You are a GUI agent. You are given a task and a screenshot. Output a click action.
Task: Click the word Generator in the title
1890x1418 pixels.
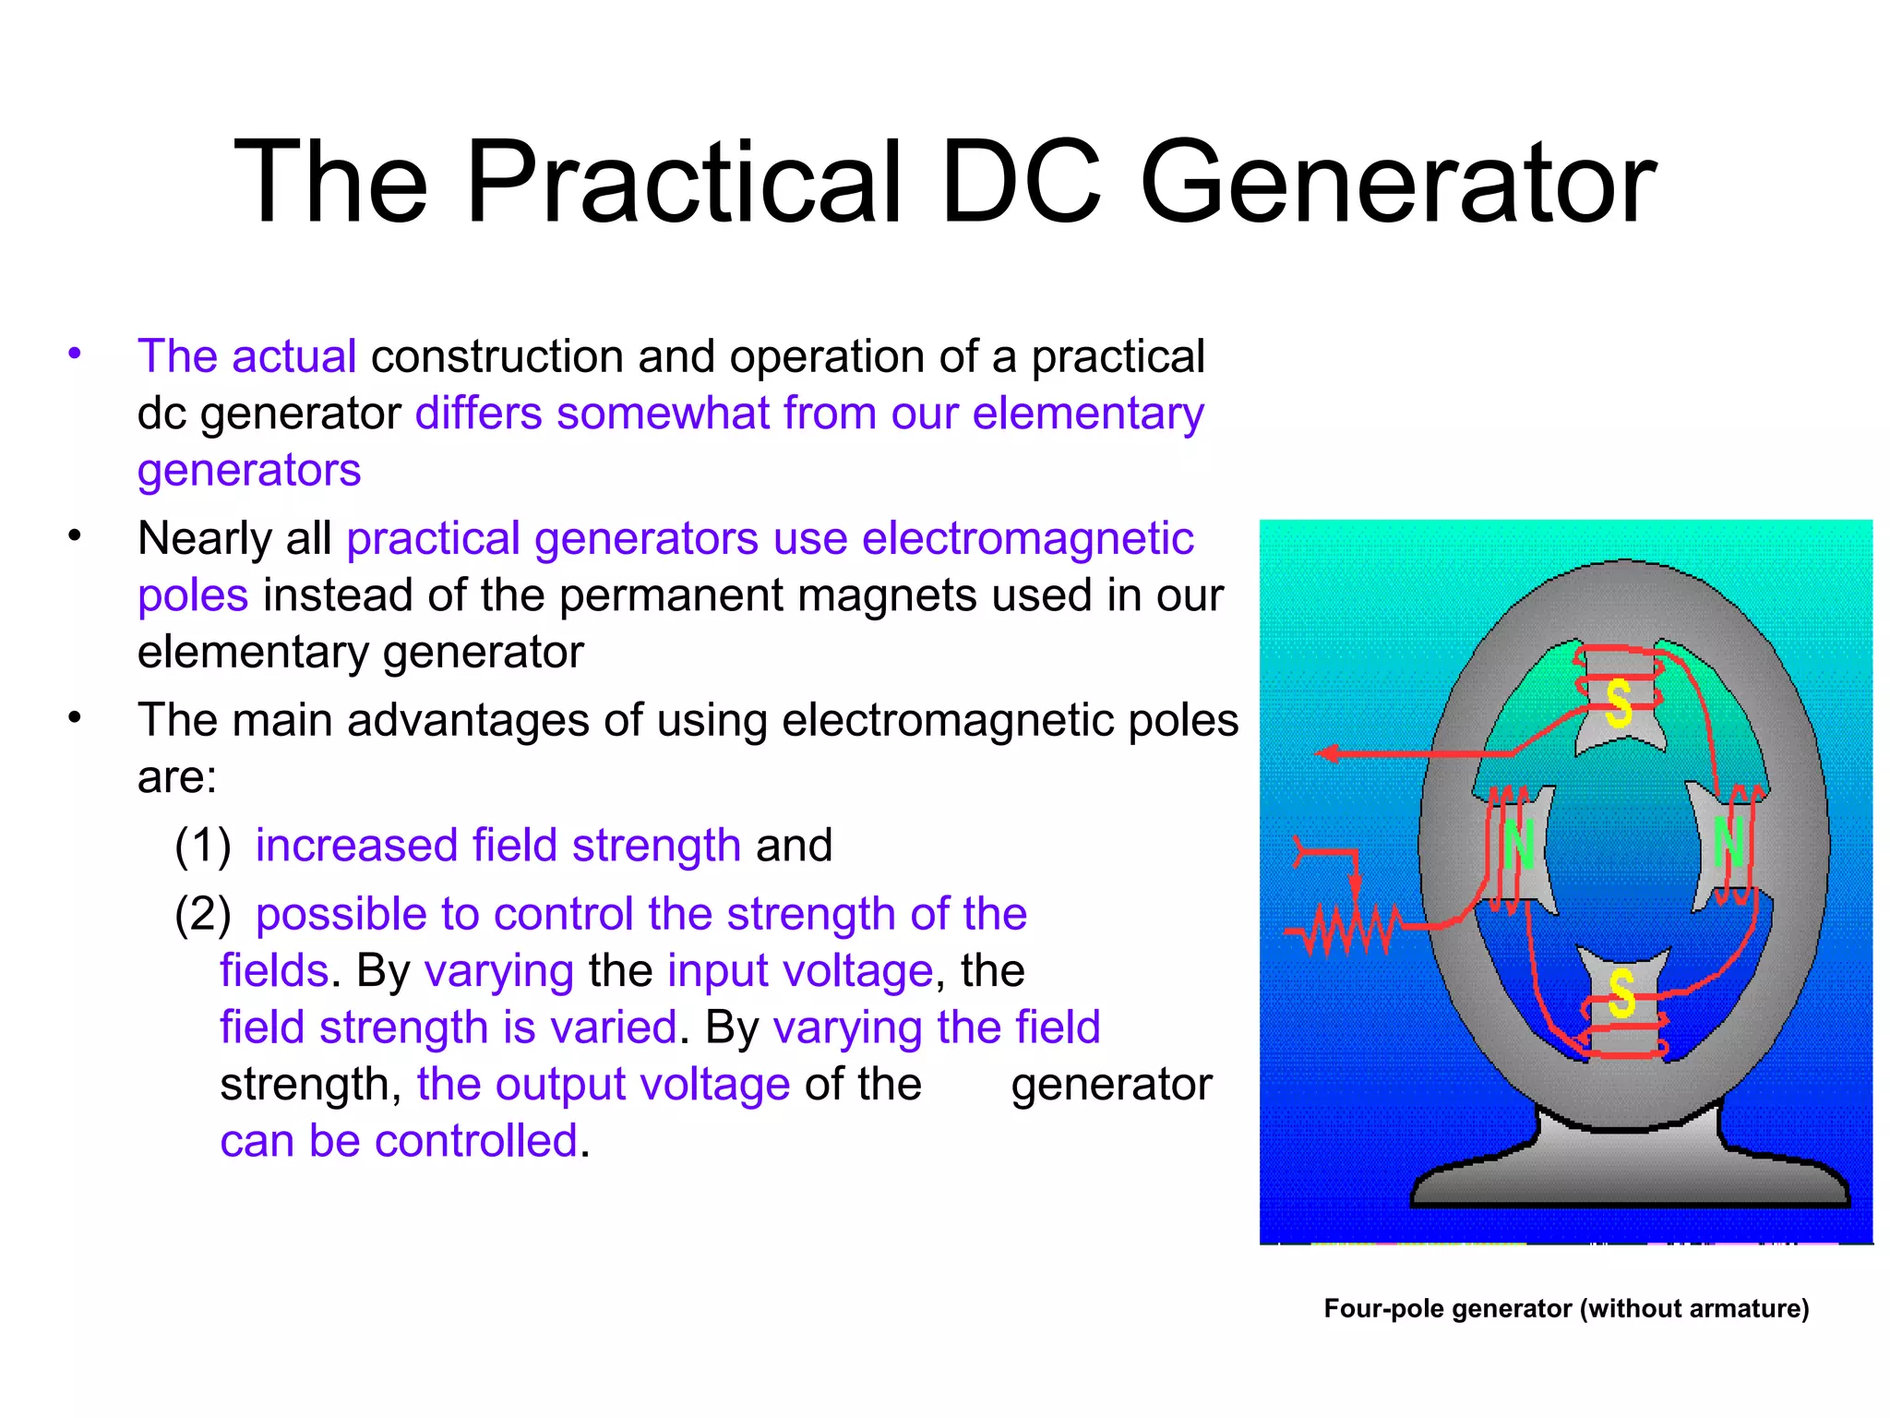(1397, 182)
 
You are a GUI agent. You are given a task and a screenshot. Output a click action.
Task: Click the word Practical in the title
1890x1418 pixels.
(684, 182)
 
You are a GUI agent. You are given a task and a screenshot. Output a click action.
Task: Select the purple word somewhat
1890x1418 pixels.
(663, 413)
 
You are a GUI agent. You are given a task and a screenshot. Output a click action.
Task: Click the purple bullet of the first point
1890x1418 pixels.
(75, 354)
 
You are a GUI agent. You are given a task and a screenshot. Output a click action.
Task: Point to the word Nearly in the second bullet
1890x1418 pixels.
(204, 538)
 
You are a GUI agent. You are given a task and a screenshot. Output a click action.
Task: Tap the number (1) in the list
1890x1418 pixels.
(203, 846)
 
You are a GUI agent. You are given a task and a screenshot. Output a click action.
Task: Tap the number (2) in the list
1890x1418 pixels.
(203, 914)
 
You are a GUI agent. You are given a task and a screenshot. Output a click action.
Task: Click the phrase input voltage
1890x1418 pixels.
(800, 971)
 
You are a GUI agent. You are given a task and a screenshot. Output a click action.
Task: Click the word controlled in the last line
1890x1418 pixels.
(475, 1141)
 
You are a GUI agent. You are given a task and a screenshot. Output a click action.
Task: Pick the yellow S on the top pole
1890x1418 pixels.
(1618, 704)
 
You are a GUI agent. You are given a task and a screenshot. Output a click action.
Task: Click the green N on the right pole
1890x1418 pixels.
(1729, 842)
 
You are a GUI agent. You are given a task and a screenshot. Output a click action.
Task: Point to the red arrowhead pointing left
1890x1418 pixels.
(1327, 753)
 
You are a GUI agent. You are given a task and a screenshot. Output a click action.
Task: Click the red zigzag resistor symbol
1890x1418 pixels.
(1347, 929)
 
